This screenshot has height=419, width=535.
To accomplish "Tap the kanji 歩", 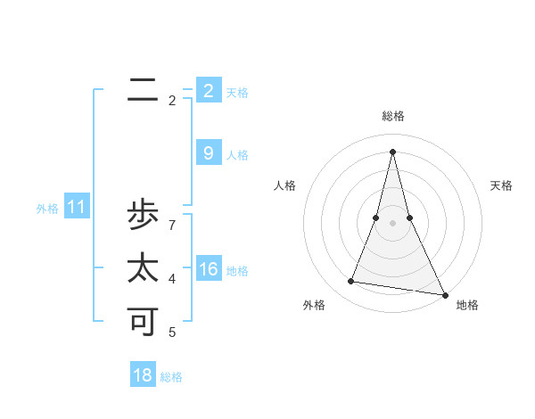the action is (x=143, y=216).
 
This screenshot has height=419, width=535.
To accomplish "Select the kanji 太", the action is (x=143, y=268).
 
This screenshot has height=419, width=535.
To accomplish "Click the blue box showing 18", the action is (x=143, y=375).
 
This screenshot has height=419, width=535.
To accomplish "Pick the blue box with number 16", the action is (x=209, y=269).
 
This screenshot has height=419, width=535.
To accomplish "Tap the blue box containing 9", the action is (x=209, y=153).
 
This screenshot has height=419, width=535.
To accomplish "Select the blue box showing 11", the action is (x=76, y=208).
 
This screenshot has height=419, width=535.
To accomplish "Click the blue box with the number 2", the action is (x=209, y=90).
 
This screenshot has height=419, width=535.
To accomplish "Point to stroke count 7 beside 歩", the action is (x=172, y=225).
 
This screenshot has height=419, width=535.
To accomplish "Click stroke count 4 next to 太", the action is (x=172, y=279).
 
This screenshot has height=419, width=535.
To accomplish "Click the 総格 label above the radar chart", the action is (x=393, y=116).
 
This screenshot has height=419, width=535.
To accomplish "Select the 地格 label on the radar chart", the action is (x=467, y=305).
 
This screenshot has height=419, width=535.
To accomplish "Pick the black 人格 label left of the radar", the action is (x=285, y=185).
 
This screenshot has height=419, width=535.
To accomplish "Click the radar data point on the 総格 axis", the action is (x=392, y=151).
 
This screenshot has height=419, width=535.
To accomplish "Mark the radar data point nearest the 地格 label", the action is (x=444, y=294).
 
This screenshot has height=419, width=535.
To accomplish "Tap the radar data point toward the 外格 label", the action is (x=351, y=282).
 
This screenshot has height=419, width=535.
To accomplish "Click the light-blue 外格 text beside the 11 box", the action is (x=47, y=209).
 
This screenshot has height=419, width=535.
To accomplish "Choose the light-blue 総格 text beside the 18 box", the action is (x=171, y=377).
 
